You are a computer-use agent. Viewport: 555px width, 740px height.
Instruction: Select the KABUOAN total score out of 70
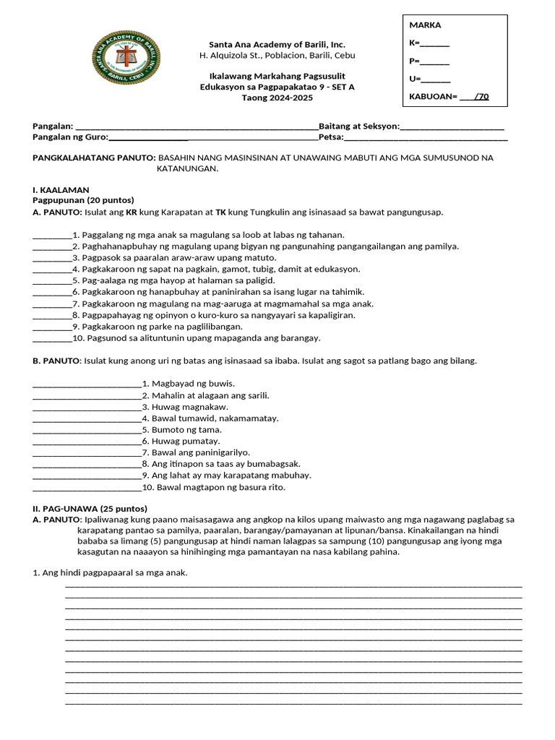[x=449, y=96]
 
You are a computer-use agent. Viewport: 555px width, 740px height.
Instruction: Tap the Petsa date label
[x=330, y=137]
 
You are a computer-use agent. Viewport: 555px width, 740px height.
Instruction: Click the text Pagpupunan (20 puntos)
[x=83, y=200]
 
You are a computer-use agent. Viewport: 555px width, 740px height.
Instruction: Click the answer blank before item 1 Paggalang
[x=52, y=236]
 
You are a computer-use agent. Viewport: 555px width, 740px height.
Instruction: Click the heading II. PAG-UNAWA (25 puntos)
[x=90, y=508]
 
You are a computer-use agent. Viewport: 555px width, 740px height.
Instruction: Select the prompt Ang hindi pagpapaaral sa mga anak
[x=110, y=573]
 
